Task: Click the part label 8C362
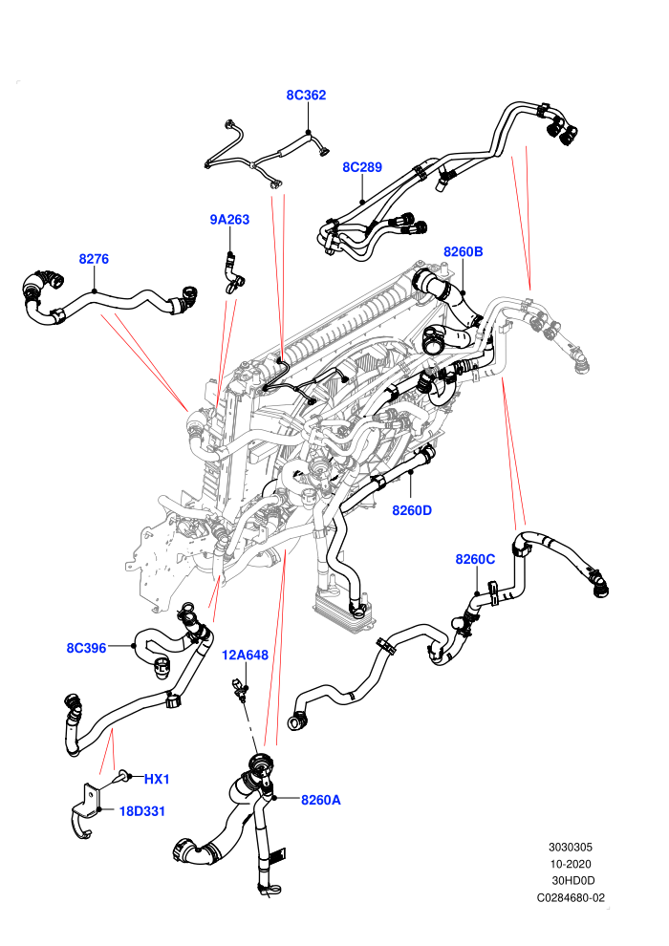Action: point(306,95)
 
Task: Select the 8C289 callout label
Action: point(362,167)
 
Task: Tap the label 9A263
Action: point(229,220)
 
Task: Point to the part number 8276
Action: point(94,259)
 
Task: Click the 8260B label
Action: point(464,251)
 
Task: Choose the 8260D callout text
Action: point(412,510)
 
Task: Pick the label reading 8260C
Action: point(475,559)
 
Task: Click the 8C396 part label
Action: point(86,648)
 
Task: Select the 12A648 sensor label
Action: point(245,655)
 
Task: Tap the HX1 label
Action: point(157,780)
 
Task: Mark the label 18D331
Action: point(142,811)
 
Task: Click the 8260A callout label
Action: point(321,800)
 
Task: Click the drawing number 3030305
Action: point(571,847)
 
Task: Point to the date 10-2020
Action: point(571,864)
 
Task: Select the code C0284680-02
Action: point(571,897)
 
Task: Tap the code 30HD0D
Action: point(573,881)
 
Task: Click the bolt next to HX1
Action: point(124,777)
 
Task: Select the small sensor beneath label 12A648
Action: point(240,689)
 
